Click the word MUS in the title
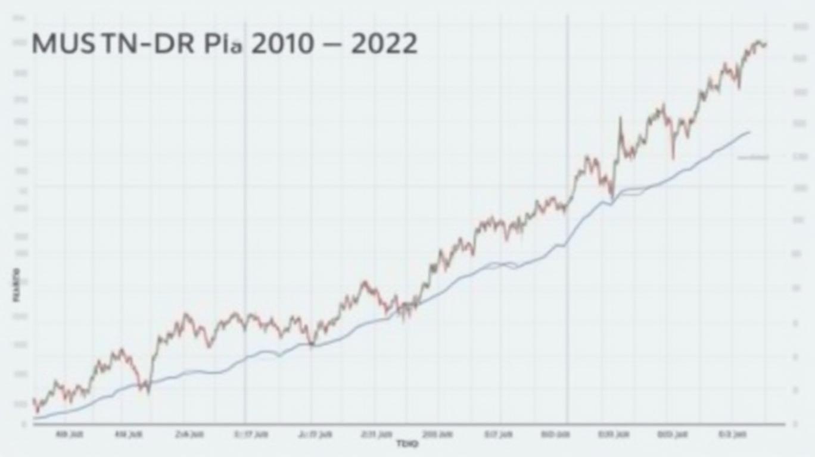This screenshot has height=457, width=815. click(63, 45)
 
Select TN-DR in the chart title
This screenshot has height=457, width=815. click(145, 45)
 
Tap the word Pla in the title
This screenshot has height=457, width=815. click(221, 45)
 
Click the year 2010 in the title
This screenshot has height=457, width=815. click(282, 45)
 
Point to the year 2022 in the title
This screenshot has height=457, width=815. click(384, 45)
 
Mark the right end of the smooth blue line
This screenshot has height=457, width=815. click(749, 132)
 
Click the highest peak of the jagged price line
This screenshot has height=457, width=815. click(758, 42)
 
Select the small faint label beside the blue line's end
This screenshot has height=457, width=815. click(753, 158)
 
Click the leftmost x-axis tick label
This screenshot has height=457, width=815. click(69, 434)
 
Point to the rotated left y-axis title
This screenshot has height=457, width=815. click(16, 286)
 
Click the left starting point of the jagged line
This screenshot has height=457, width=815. click(33, 400)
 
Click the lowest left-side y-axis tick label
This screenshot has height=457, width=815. click(24, 424)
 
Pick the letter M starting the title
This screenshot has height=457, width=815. click(42, 45)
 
